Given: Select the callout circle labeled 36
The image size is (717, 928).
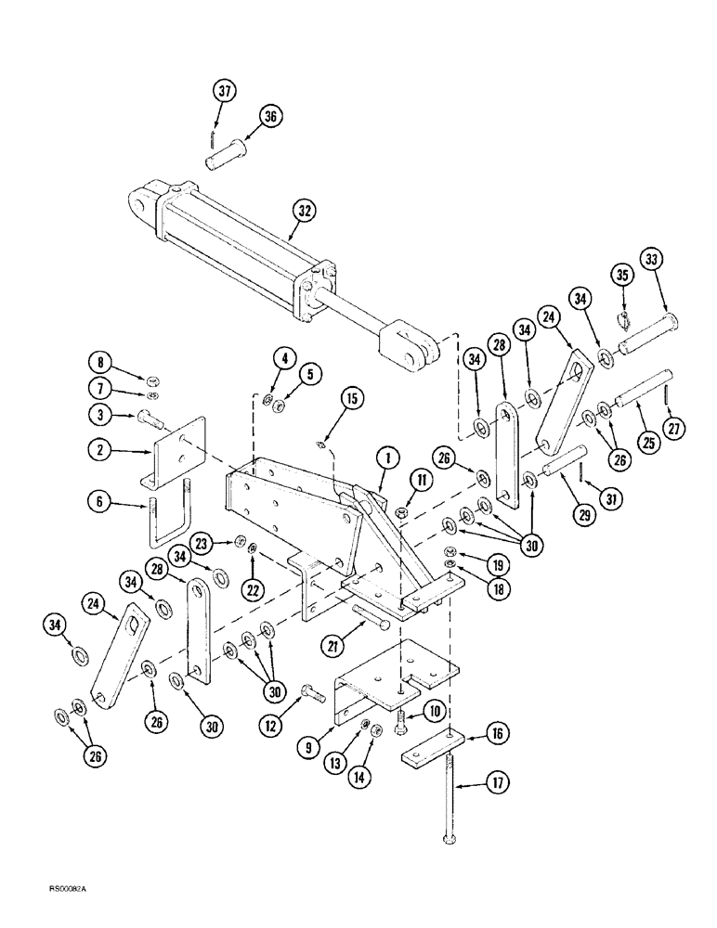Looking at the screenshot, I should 270,117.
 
